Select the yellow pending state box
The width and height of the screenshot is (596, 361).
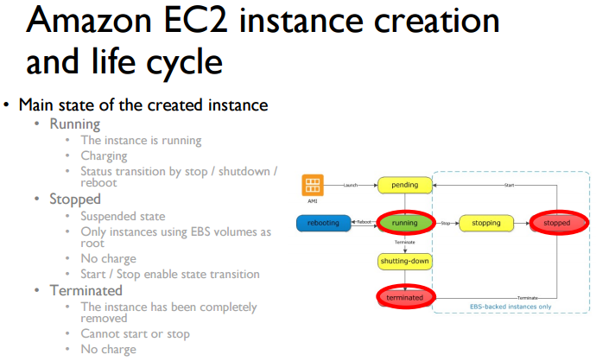click(x=404, y=186)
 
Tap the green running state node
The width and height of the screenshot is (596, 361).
click(x=404, y=223)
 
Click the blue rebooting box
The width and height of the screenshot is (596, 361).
click(x=324, y=223)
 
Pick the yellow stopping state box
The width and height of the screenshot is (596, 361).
click(x=485, y=223)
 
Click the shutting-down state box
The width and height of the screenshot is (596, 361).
click(x=404, y=260)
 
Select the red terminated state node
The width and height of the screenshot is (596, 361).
click(x=404, y=297)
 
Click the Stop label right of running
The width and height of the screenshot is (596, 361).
click(x=444, y=223)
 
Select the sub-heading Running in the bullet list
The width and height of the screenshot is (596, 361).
click(x=75, y=124)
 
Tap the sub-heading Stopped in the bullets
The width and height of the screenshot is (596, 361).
click(x=75, y=199)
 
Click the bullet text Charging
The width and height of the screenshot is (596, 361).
click(x=104, y=155)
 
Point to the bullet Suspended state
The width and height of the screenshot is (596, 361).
click(x=123, y=216)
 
